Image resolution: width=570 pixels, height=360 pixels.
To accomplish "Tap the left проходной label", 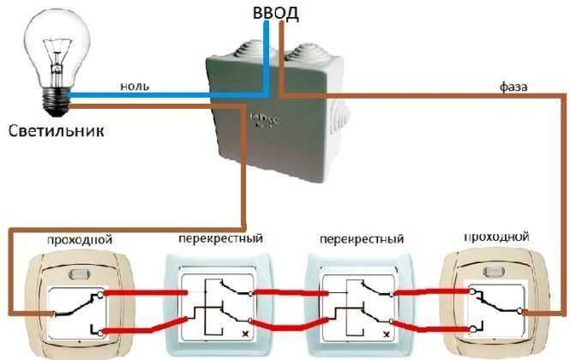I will coord(80,237).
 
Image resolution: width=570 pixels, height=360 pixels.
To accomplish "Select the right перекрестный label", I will coord(359,237).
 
